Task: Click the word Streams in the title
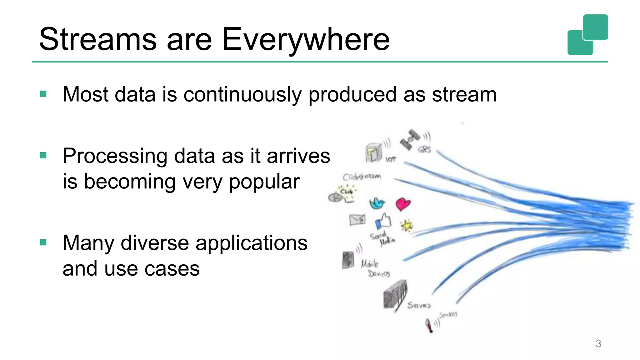click(97, 39)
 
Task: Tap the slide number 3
click(598, 343)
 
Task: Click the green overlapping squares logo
click(587, 35)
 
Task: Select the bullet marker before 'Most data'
click(43, 94)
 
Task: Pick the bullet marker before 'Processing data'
click(43, 155)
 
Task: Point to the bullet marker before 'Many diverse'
click(43, 242)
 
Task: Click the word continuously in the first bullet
click(242, 94)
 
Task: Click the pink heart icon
click(403, 204)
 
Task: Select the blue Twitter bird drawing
click(377, 203)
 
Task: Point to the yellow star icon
click(407, 225)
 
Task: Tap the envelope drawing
click(357, 220)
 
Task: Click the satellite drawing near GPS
click(410, 140)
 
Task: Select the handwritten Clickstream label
click(362, 177)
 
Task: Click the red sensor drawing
click(429, 325)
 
